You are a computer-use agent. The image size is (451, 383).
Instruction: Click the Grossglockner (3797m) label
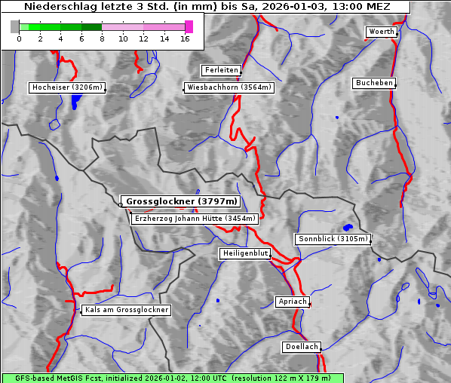(181, 202)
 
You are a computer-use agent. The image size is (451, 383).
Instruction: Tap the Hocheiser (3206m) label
(67, 87)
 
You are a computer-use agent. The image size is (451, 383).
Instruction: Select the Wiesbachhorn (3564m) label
(229, 87)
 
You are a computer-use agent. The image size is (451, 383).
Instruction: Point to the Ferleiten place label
(221, 70)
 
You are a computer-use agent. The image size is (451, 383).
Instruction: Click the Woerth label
(380, 32)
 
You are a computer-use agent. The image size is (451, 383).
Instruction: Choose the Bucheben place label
(374, 82)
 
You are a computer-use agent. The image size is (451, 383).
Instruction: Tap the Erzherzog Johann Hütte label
(195, 219)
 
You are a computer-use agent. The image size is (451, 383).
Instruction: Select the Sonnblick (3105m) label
(333, 239)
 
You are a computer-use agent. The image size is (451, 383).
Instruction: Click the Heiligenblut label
(245, 253)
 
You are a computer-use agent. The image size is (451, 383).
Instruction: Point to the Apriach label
(292, 302)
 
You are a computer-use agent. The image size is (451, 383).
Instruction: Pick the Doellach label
(302, 347)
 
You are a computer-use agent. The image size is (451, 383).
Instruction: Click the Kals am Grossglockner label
(127, 310)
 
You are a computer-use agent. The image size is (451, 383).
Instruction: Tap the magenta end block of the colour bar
(189, 26)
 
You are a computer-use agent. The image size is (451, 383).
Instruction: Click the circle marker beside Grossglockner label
(121, 204)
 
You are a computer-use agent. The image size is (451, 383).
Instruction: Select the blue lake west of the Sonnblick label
(348, 227)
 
